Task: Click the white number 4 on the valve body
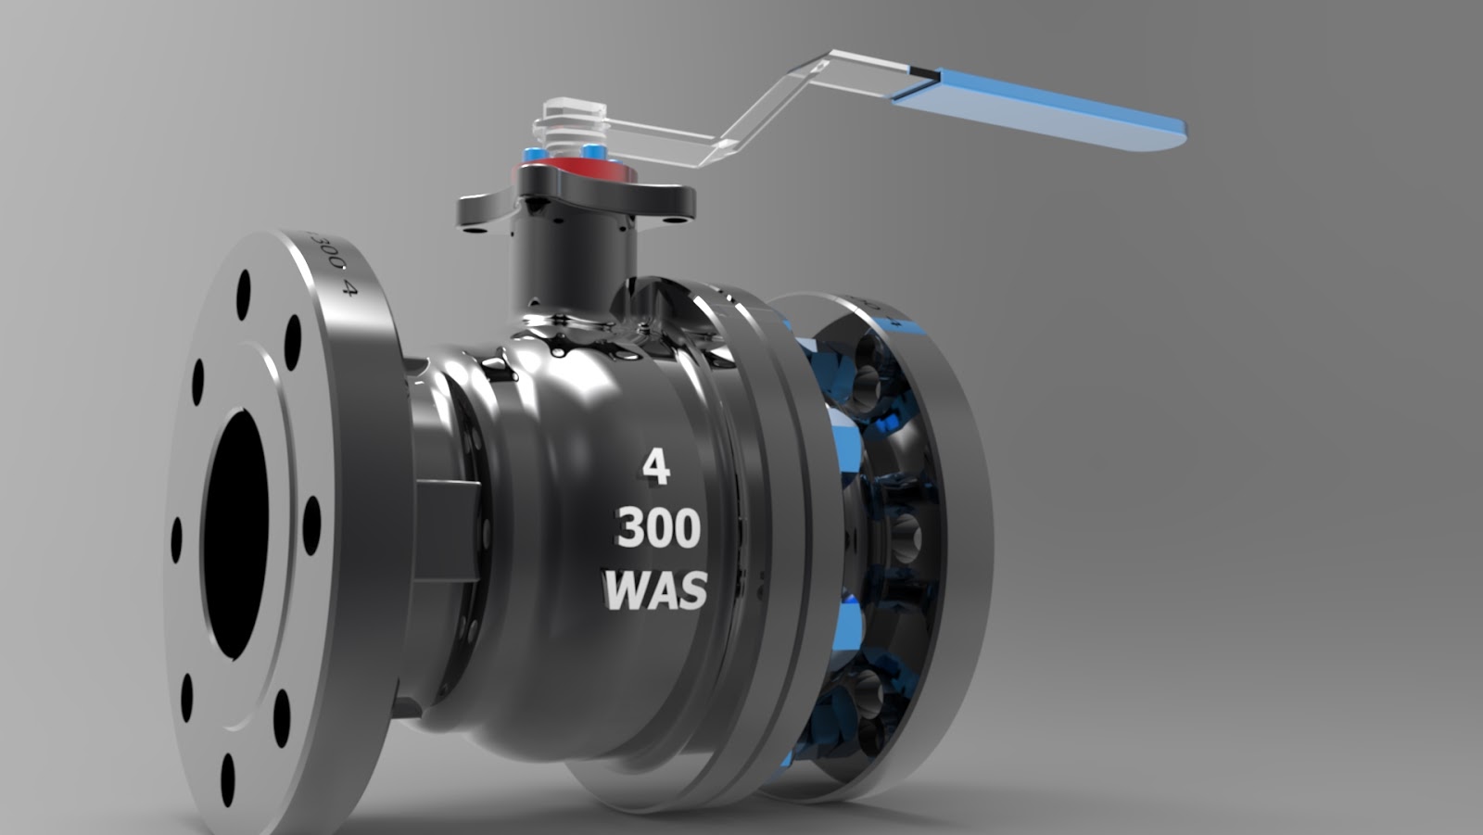[x=655, y=468]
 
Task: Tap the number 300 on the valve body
[x=658, y=528]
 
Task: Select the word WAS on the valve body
[x=655, y=590]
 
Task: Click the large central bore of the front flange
[x=235, y=536]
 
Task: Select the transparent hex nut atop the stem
[x=569, y=111]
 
